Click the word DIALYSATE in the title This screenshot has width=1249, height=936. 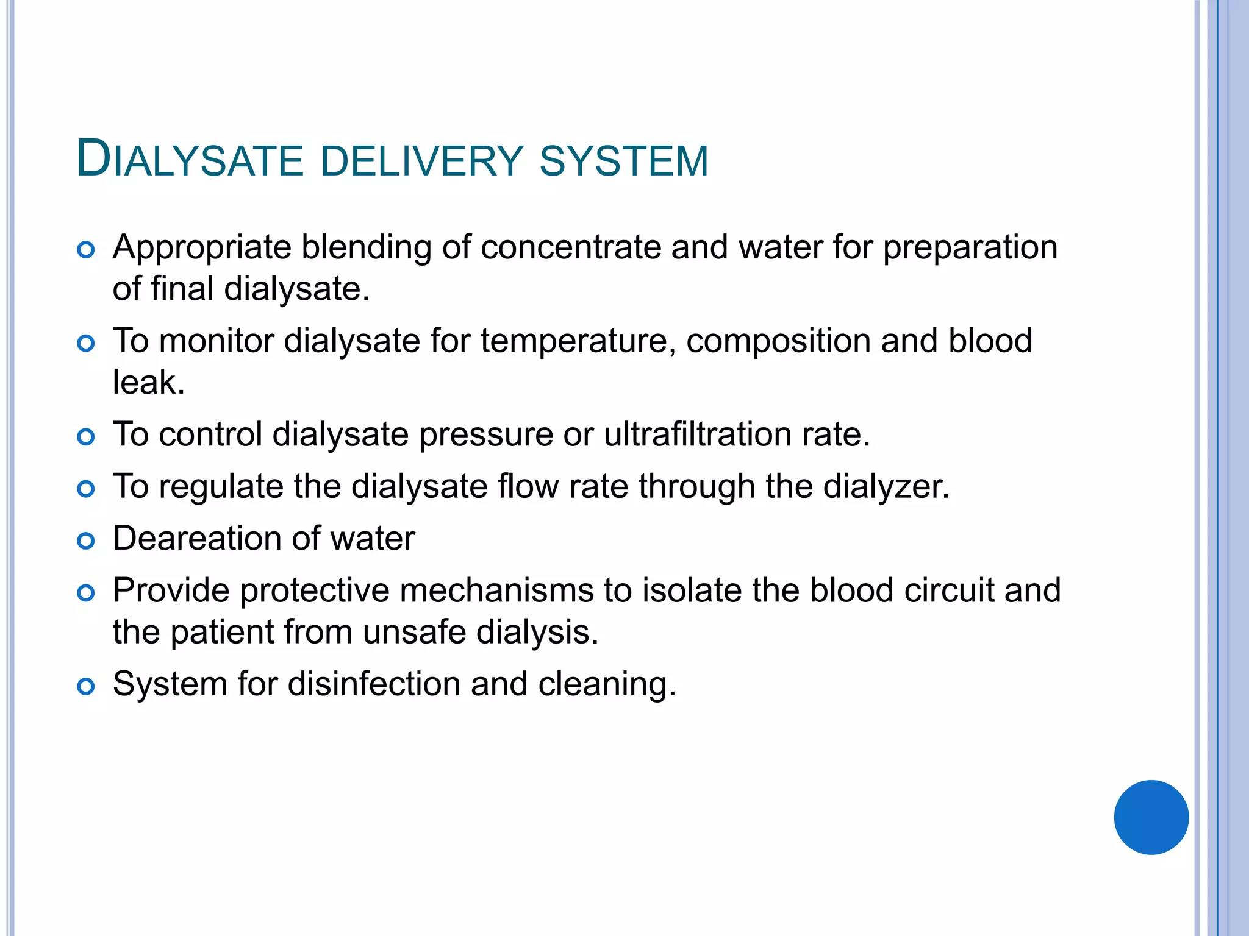[190, 160]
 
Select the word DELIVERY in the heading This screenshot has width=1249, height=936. [421, 161]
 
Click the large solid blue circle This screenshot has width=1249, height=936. [1151, 817]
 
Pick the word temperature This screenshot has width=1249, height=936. [578, 341]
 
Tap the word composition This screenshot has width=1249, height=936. [778, 341]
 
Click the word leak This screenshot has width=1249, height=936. [148, 383]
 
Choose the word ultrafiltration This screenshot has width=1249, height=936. [698, 434]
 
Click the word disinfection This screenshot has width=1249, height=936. [374, 684]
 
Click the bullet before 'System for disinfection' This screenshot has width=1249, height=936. [86, 687]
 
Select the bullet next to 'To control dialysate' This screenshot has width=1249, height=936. [86, 437]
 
